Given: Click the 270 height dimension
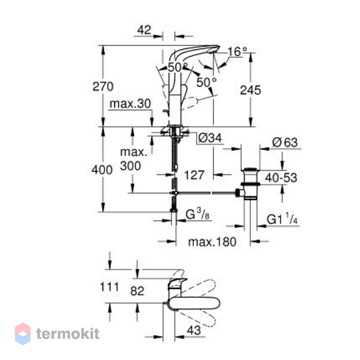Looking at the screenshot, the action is click(x=103, y=87).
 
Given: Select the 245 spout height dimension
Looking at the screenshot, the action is click(x=250, y=90).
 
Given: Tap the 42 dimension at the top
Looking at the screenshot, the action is click(x=144, y=30).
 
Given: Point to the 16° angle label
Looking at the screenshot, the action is click(x=237, y=52).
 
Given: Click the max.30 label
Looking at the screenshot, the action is click(x=130, y=104).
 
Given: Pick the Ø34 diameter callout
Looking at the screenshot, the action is click(x=210, y=138).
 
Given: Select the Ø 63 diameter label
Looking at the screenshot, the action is click(x=285, y=143).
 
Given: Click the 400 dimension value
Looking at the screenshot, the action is click(x=102, y=170).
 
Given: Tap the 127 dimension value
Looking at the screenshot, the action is click(x=194, y=175).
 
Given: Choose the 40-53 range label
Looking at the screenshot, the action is click(x=281, y=178).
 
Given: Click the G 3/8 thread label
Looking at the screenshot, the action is click(x=197, y=214).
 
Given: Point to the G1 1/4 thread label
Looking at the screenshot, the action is click(x=282, y=219).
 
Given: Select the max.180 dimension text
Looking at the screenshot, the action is click(x=212, y=242).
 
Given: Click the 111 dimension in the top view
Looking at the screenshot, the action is click(x=110, y=287).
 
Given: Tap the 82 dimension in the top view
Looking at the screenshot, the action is click(x=137, y=291).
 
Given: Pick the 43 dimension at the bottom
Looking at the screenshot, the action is click(x=194, y=331).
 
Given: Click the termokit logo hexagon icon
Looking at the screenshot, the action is click(x=23, y=333).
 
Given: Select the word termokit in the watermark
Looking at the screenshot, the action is click(x=68, y=333).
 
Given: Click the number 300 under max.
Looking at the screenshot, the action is click(x=130, y=166).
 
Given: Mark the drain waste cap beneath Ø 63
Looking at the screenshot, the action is click(x=250, y=170).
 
